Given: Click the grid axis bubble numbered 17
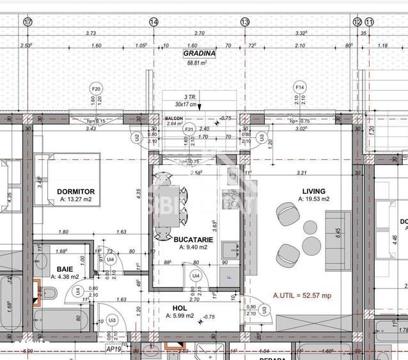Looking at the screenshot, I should click(x=27, y=21).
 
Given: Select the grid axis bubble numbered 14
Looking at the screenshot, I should click(x=153, y=21).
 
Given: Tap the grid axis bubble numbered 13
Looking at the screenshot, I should click(x=245, y=21).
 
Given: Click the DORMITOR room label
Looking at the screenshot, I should click(x=75, y=191).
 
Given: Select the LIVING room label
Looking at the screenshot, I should click(x=313, y=191).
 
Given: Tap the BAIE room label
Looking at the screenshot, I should click(x=64, y=269).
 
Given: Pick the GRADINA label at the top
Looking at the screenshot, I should click(x=199, y=54).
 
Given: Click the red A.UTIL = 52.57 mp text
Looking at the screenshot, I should click(x=302, y=295).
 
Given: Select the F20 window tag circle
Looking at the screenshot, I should click(x=97, y=88).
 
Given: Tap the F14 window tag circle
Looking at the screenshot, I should click(x=299, y=86).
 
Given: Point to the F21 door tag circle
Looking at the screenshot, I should click(x=189, y=129).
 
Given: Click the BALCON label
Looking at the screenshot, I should click(x=174, y=118).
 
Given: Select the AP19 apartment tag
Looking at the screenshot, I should click(x=114, y=349).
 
